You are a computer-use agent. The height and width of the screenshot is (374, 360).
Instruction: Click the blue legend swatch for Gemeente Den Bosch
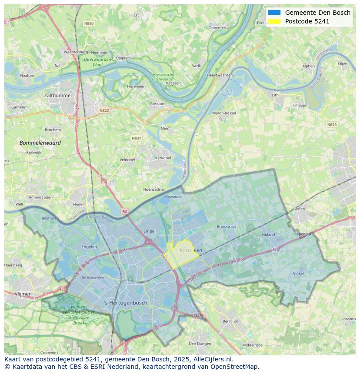click(274, 13)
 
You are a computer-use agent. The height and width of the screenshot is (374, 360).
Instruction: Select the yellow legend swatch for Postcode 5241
click(274, 21)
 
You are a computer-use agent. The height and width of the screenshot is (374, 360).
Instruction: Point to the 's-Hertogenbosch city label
click(126, 303)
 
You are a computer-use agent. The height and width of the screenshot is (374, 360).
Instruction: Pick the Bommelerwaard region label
click(40, 142)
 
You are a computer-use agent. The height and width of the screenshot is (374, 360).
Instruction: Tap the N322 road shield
click(104, 110)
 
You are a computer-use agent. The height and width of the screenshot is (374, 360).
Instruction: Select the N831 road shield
click(137, 138)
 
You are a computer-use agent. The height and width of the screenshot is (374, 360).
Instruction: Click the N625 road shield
click(332, 125)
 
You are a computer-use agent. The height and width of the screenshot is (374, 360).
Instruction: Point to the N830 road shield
click(89, 23)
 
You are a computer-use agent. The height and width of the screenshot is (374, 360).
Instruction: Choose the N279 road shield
click(198, 315)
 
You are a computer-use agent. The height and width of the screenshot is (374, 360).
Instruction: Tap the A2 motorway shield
click(125, 211)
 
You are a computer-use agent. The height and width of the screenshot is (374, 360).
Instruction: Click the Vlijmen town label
click(23, 294)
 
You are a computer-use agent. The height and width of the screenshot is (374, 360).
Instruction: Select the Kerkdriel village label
click(163, 158)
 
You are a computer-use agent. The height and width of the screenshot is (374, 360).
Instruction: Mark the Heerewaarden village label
click(220, 75)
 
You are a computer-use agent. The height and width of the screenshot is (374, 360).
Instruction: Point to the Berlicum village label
click(230, 321)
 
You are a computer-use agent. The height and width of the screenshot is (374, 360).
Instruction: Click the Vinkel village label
click(298, 273)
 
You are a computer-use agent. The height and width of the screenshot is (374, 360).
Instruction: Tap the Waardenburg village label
click(76, 52)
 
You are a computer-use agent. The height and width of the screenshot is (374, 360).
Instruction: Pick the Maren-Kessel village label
click(224, 113)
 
